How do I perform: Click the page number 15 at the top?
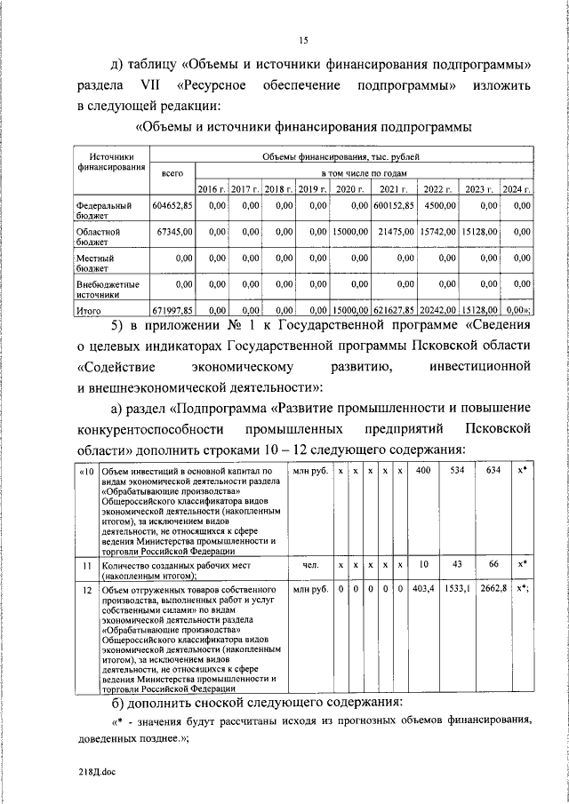coord(302,39)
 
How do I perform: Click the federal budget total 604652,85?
coord(172,205)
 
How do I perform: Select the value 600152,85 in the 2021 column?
coord(392,205)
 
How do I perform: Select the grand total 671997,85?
coord(172,310)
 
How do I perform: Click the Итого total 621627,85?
coord(392,310)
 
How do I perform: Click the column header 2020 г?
coord(349,189)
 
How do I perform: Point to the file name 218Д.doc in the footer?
coord(96,773)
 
